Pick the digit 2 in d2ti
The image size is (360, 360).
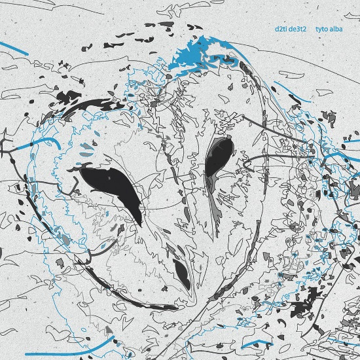pyautogui.click(x=280, y=29)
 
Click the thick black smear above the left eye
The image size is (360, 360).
pyautogui.click(x=92, y=107)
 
